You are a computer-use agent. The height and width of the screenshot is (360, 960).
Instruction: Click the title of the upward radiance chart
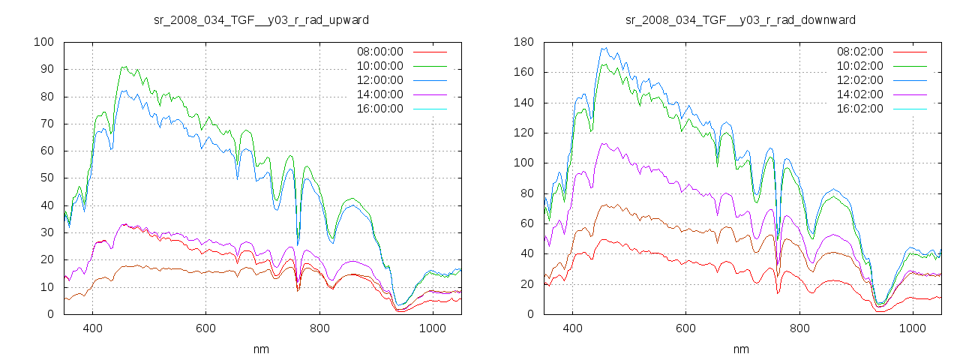[261, 19]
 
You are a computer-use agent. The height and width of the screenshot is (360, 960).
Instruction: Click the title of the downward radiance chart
[741, 19]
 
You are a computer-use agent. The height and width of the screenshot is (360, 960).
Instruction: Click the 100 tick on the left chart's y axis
[43, 42]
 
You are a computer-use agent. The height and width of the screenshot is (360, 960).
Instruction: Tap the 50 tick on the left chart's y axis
[46, 178]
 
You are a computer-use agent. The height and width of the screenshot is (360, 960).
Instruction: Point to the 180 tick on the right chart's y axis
[523, 42]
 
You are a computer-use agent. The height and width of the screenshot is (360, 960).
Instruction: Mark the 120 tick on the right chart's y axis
[523, 133]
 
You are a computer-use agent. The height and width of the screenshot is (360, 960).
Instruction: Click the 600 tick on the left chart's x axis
[205, 328]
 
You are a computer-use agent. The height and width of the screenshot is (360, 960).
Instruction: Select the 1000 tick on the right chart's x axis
[912, 328]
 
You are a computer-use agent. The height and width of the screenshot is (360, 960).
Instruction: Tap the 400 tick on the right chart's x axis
[572, 328]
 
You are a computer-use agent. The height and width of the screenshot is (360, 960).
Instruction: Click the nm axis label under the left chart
[261, 349]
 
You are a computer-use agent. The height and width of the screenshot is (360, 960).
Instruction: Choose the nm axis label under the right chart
[741, 349]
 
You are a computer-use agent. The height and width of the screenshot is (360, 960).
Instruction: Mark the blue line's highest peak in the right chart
[602, 48]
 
